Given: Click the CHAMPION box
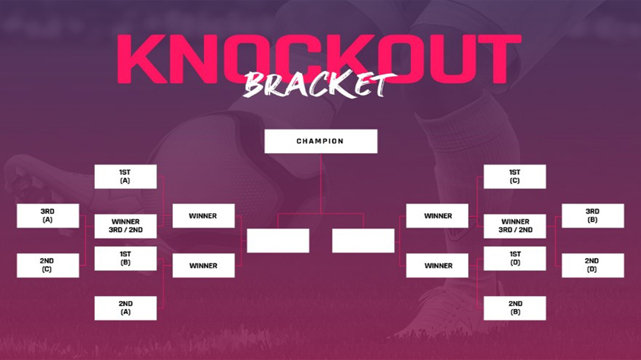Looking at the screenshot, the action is pos(320,142).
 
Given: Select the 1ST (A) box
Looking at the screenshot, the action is pos(126,177).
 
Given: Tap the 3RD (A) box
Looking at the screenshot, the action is pos(48,216).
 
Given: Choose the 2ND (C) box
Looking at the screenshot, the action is pos(48,266).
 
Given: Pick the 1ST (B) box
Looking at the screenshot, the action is pos(126,258).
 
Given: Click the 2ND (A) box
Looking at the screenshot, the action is pos(126,308).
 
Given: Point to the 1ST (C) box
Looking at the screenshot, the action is pos(515,177).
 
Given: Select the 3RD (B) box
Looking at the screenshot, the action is pos(593,216).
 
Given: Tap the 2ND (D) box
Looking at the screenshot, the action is pos(593,266).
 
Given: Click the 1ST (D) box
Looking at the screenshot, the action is pos(515,258).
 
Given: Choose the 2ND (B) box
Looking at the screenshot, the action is pos(515,308).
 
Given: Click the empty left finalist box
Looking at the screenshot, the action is pos(278,241).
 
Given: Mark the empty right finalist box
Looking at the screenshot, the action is pos(363,241).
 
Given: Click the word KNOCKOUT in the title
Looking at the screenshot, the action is pos(319,59).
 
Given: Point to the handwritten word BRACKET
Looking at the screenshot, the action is pos(319,85).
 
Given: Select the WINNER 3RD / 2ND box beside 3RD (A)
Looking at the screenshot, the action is pos(126,226).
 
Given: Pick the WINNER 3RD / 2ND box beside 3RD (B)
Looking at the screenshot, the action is pos(515,226).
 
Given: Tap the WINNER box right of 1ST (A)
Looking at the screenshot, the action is pos(204,216).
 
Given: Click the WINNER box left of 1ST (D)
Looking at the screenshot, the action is pos(437,266).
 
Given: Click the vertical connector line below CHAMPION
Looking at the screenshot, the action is pos(321,183).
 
